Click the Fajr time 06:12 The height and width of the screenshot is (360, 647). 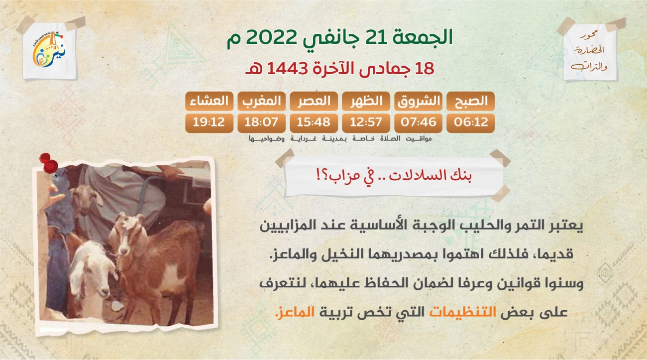point(470,123)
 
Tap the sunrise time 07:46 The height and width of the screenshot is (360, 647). point(418,123)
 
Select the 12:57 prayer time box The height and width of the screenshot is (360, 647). point(366,123)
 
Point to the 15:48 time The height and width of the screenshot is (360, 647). point(314,123)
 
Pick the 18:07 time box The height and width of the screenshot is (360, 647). point(261,123)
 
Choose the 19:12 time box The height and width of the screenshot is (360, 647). point(209,123)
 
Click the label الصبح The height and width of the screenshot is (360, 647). point(470,101)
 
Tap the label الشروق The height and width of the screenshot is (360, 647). point(418,101)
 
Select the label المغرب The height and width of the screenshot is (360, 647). point(261,101)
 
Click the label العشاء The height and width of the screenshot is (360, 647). point(209,101)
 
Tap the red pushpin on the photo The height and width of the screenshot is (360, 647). point(49,163)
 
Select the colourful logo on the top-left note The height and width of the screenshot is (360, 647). point(49,49)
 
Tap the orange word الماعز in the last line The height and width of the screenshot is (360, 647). point(295,312)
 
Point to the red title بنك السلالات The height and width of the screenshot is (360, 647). point(430,175)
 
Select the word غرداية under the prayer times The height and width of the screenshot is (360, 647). point(303,139)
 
